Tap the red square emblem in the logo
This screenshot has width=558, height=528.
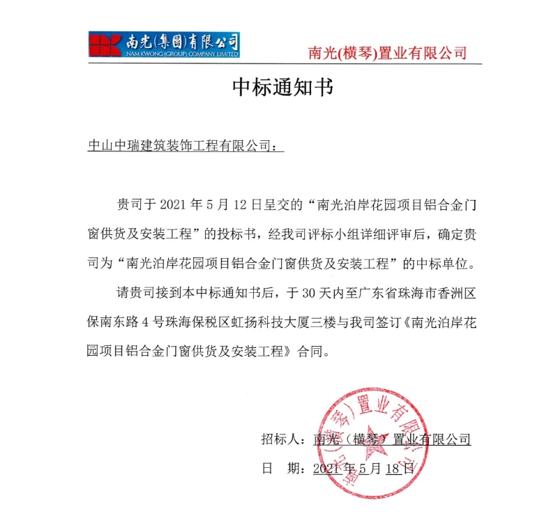click(x=104, y=43)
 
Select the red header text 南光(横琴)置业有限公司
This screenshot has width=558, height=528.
click(x=387, y=52)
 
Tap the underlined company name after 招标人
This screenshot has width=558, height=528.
click(x=393, y=439)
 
